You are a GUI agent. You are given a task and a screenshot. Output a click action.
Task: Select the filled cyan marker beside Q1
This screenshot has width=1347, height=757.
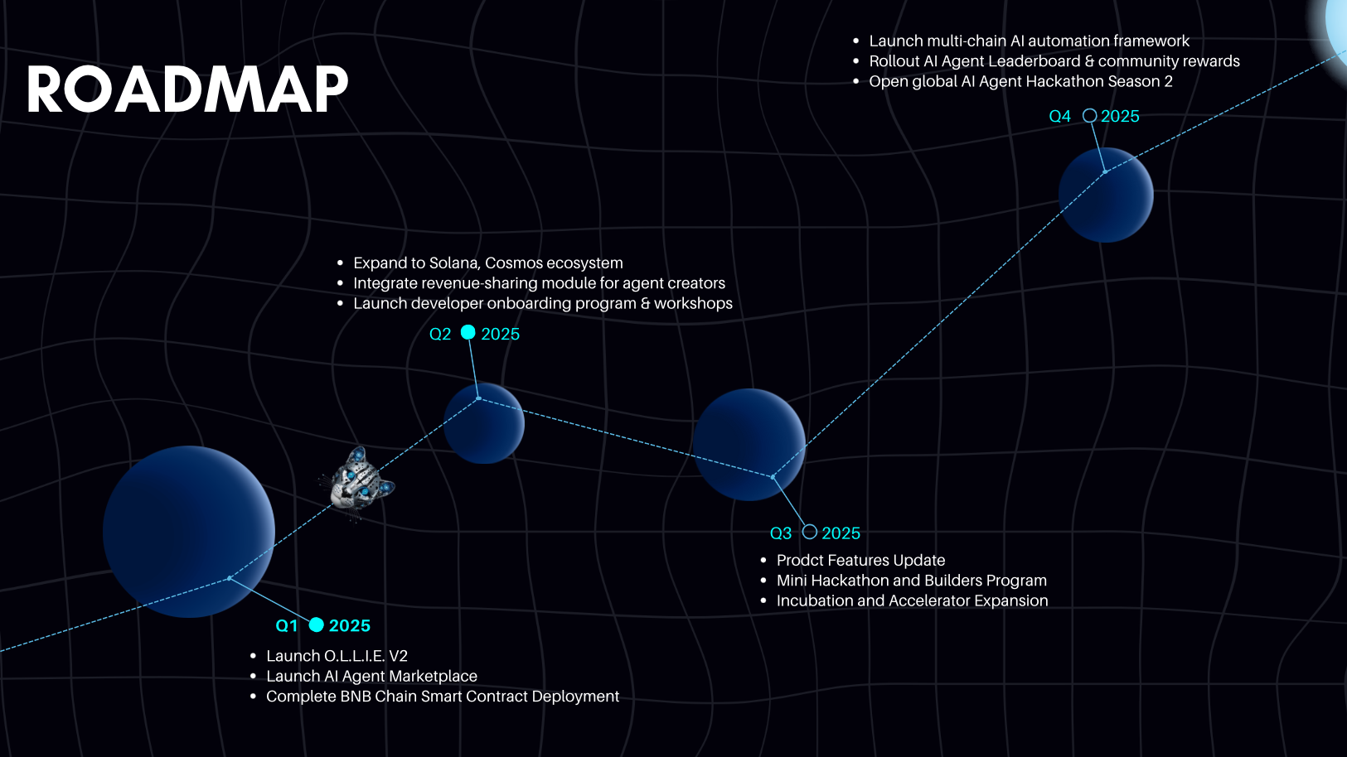(x=317, y=624)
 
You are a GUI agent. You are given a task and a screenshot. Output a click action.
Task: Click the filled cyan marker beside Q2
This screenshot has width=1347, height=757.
(x=468, y=332)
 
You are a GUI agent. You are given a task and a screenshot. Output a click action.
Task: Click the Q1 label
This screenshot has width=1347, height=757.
(x=286, y=626)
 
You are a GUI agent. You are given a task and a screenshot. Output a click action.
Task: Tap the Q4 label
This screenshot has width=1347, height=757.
(x=1059, y=117)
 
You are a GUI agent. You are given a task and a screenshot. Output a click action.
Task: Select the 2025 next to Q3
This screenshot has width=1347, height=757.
(x=841, y=533)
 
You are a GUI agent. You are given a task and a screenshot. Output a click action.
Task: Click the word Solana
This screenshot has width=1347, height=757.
(x=454, y=263)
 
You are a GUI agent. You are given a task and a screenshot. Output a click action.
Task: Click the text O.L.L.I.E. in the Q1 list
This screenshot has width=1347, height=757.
(x=354, y=656)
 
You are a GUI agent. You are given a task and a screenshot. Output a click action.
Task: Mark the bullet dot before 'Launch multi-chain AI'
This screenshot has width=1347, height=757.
(x=856, y=41)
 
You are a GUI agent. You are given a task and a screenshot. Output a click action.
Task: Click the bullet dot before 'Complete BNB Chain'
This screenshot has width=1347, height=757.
(x=253, y=697)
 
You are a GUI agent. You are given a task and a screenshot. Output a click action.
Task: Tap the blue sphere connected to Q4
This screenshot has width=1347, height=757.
(x=1105, y=195)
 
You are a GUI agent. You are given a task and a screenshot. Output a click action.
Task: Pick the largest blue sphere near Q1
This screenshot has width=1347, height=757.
(x=189, y=532)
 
